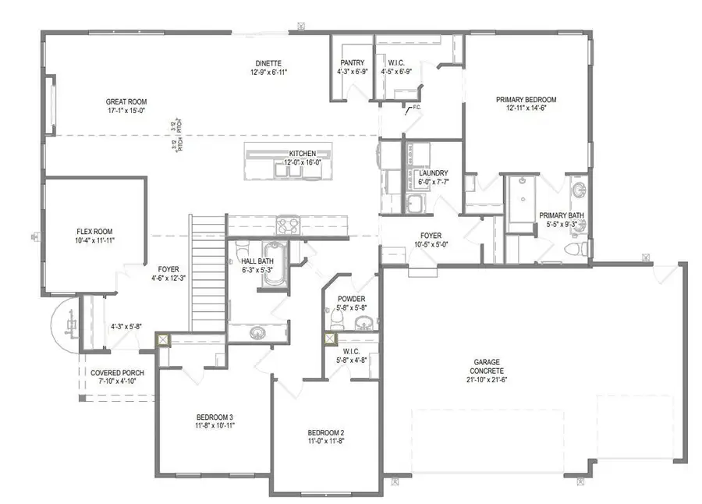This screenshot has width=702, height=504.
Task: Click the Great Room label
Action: click(126, 101)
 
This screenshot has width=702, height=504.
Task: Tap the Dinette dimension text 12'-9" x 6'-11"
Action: click(267, 73)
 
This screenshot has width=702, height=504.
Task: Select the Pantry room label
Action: click(353, 63)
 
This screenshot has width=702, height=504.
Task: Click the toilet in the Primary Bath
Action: click(576, 249)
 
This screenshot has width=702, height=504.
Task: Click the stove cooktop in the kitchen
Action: click(288, 225)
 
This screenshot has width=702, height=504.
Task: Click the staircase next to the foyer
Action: click(207, 273)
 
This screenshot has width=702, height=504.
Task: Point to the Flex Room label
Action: click(95, 232)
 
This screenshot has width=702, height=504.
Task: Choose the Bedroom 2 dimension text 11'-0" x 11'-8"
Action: click(325, 442)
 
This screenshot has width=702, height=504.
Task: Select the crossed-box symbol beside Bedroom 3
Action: click(162, 339)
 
